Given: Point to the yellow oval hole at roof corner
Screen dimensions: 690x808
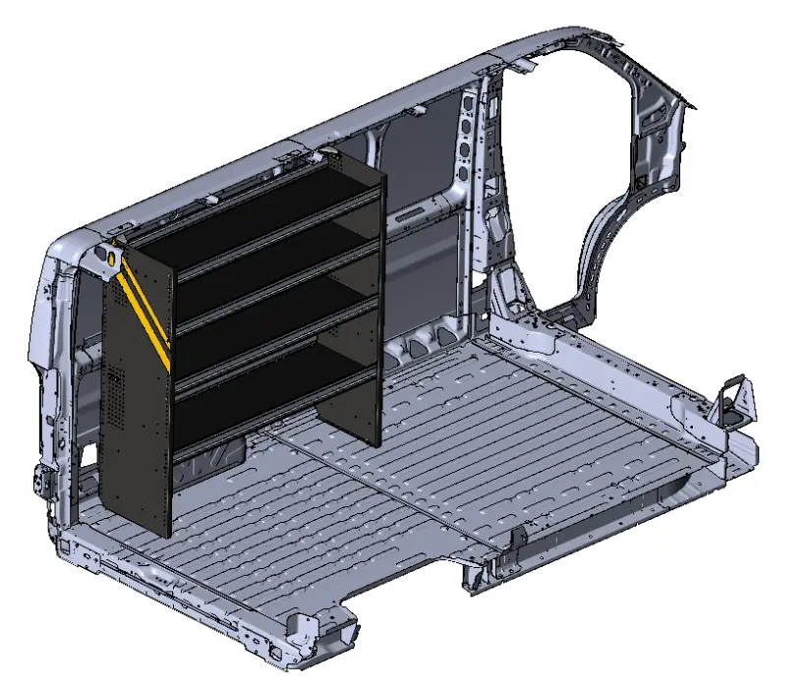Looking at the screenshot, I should [112, 257].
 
